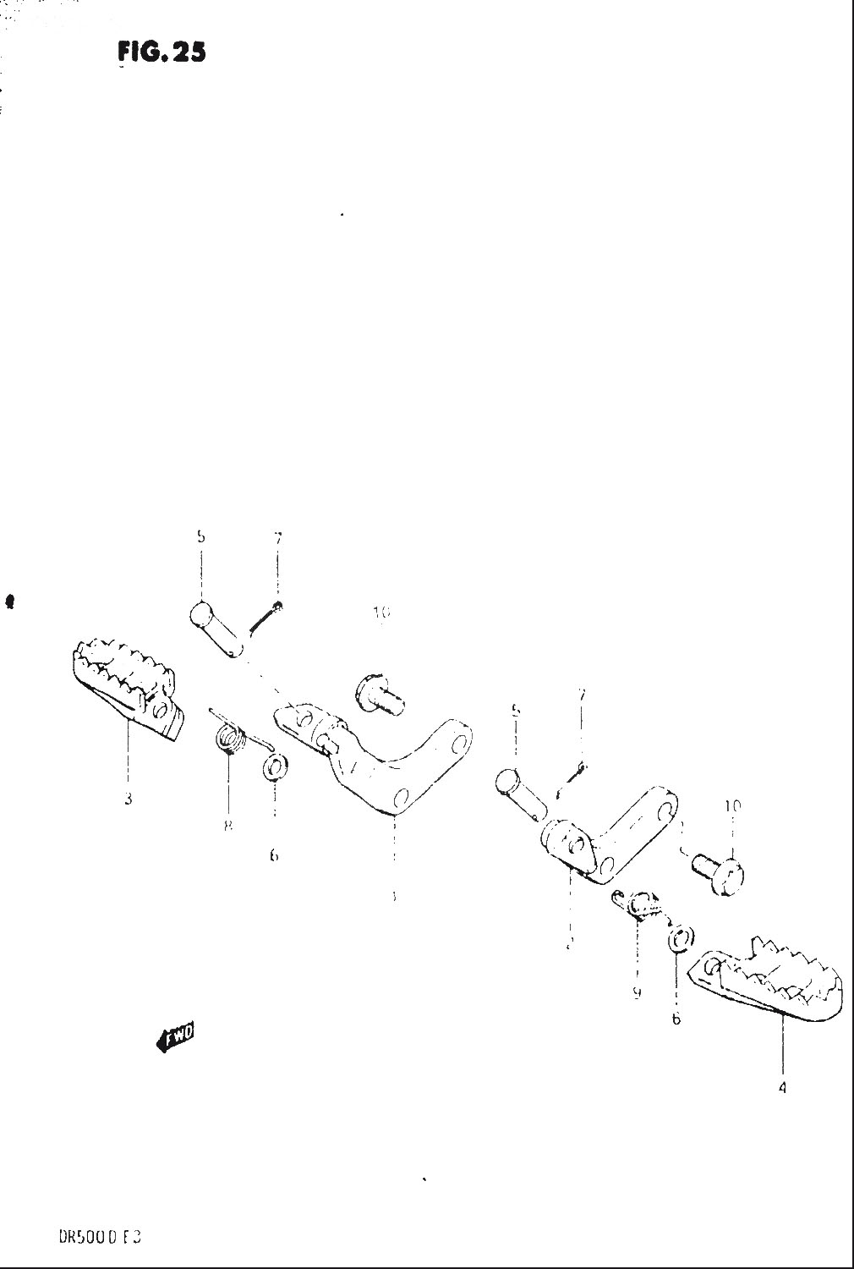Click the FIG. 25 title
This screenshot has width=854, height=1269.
[x=161, y=53]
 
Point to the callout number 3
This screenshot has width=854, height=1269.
[x=128, y=798]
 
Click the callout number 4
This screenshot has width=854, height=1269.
[x=781, y=1088]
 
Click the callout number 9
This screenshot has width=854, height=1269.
[x=637, y=993]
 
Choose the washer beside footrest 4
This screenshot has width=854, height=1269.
[x=682, y=938]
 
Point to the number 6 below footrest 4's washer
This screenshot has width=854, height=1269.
[x=676, y=1019]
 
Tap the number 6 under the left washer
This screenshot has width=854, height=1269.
[x=273, y=855]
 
